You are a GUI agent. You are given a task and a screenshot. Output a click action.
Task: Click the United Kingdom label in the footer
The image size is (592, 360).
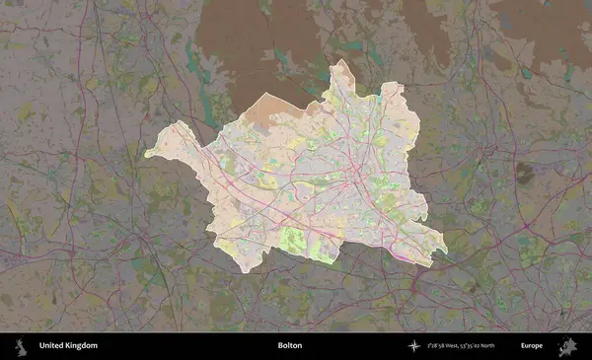68,346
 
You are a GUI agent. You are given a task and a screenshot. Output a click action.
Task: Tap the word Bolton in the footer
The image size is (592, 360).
290,346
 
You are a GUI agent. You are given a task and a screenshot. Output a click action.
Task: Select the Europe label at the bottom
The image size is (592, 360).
532,346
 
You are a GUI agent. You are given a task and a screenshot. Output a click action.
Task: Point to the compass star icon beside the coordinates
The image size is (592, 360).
413,346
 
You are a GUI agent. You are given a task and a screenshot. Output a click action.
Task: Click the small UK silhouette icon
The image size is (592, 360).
19,346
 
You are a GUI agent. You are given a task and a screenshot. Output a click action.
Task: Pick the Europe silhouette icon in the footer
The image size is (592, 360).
567,346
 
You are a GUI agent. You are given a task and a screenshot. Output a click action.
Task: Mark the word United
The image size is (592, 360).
51,346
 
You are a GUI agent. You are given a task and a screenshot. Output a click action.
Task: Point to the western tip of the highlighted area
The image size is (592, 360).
146,154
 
